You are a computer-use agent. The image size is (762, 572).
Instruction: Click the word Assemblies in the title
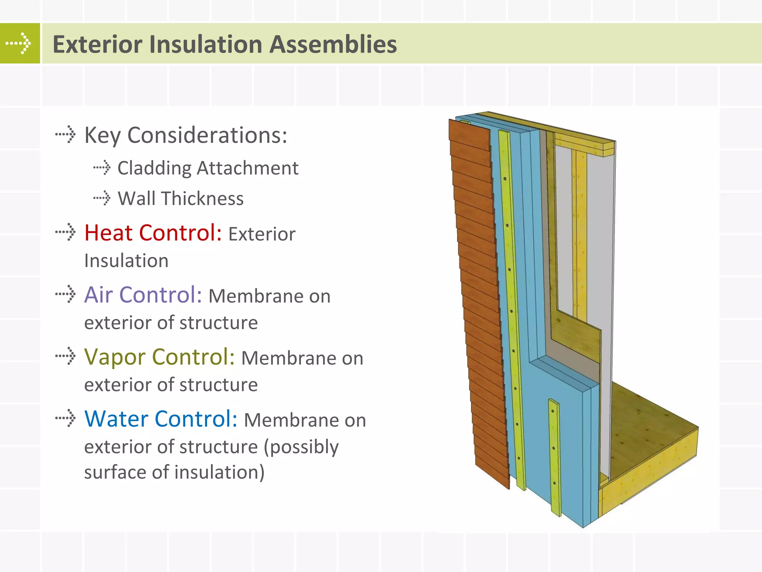333,44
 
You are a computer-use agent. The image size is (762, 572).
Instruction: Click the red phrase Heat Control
153,233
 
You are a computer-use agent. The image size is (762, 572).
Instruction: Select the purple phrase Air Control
143,295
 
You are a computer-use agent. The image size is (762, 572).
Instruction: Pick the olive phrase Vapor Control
159,357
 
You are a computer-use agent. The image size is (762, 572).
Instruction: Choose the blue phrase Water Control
161,419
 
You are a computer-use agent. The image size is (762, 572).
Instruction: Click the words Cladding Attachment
208,168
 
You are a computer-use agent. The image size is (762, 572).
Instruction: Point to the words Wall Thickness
180,198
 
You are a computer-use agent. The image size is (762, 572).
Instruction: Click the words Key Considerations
185,135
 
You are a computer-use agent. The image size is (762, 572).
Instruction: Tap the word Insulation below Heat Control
126,261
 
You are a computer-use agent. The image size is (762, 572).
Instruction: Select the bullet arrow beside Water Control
66,418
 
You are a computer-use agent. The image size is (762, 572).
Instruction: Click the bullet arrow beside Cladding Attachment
102,168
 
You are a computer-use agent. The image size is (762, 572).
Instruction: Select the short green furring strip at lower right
554,458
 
